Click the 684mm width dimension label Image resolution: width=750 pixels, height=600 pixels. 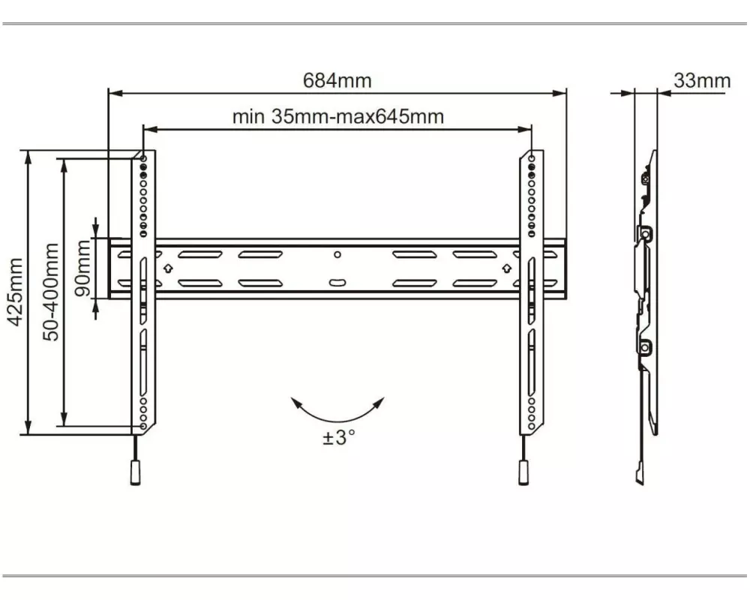coord(337,80)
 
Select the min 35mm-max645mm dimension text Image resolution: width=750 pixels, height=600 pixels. coord(337,117)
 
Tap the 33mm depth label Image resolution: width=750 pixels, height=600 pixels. coord(702,80)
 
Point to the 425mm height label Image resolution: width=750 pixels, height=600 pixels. coord(16,292)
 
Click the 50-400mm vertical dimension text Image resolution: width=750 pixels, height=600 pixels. coord(51,292)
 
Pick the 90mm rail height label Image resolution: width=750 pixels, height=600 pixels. coord(82,268)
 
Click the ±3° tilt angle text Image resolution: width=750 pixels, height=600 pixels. coord(339,437)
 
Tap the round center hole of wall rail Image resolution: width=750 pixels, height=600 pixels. coord(337,254)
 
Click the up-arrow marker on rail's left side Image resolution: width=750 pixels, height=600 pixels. coord(168,268)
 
